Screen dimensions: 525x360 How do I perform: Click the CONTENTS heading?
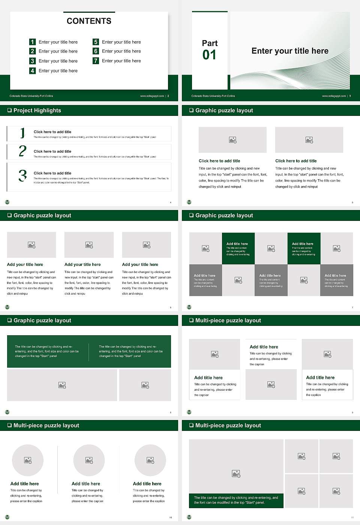(x=89, y=21)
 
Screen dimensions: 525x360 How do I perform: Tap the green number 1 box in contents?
(x=33, y=42)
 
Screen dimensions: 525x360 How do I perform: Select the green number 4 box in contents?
(x=33, y=70)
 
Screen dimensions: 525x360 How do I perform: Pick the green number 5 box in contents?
(x=96, y=42)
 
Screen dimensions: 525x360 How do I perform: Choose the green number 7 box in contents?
(x=96, y=61)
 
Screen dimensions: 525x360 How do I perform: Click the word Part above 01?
(x=210, y=43)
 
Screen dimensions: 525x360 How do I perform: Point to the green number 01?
(x=209, y=55)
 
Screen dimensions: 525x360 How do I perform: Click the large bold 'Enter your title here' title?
(x=289, y=51)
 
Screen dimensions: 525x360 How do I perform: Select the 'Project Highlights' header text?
(x=37, y=110)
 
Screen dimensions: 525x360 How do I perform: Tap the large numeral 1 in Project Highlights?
(x=22, y=133)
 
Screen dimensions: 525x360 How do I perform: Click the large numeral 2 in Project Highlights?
(x=22, y=151)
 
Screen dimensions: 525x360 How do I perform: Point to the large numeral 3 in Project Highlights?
(x=22, y=175)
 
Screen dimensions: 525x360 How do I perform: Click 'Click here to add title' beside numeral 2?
(x=52, y=151)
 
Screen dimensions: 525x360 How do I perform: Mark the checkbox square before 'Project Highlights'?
(x=9, y=110)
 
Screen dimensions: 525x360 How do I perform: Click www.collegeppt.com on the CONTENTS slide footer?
(x=152, y=96)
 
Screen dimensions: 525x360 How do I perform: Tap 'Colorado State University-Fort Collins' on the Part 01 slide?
(x=213, y=96)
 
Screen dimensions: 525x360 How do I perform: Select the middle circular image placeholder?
(x=89, y=460)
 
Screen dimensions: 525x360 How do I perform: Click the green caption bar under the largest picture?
(x=236, y=500)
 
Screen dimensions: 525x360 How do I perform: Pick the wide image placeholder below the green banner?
(x=62, y=385)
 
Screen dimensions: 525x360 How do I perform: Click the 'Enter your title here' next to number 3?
(x=58, y=61)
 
